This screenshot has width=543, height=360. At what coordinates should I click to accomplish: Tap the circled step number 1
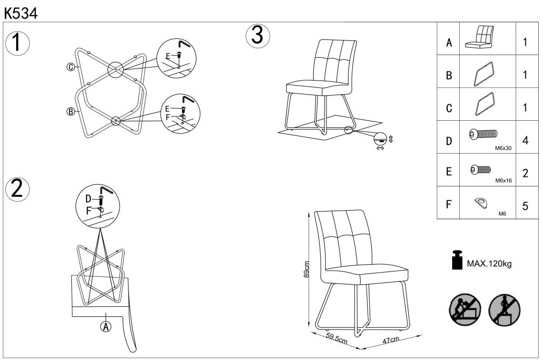pos(17,43)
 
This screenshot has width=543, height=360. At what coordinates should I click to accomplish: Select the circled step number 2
pos(17,189)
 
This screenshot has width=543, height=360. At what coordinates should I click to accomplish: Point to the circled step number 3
pos(257,36)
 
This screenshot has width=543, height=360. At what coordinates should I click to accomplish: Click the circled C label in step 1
pos(70,67)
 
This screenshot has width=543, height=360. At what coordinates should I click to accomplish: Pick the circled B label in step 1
pos(70,112)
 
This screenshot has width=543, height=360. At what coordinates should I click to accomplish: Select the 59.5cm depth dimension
pos(336,340)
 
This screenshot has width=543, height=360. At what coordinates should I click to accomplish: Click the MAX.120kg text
pos(489,263)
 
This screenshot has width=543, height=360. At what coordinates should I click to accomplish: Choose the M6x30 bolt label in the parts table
pos(504,148)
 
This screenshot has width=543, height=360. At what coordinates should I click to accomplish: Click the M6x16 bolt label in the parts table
pos(504,181)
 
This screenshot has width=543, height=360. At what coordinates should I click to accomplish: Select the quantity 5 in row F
pos(525,206)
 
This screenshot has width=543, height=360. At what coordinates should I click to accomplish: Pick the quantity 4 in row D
pos(525,141)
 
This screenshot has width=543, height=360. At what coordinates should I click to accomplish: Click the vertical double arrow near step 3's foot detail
pos(391,139)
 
